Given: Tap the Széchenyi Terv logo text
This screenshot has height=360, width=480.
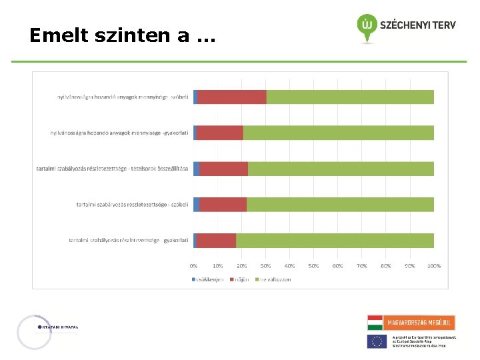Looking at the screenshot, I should [417, 25].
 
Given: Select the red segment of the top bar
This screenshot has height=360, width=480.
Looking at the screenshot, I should [232, 97].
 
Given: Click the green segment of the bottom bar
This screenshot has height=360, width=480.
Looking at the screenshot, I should [335, 240].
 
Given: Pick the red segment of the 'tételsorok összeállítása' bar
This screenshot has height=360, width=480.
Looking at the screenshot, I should [223, 169].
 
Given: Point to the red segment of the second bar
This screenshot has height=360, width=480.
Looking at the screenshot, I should [220, 133].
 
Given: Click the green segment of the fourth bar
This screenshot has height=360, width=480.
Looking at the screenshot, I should [340, 204].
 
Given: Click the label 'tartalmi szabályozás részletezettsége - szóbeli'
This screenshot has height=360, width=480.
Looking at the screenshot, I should [133, 205].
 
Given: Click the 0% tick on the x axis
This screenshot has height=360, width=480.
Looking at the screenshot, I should [193, 265].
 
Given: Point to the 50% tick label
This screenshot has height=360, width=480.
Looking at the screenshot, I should [313, 265].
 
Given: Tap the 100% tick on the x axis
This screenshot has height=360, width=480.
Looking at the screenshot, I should [433, 265].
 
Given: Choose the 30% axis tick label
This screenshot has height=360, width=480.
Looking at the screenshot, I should [265, 265].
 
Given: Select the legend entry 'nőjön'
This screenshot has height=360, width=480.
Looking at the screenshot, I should [240, 279].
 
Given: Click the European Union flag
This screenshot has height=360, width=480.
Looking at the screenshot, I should [377, 341].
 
